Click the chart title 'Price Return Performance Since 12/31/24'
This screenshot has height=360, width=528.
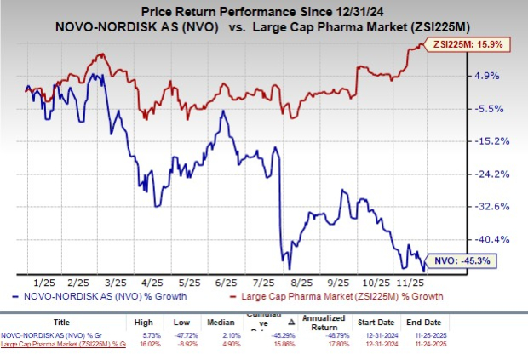264,12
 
